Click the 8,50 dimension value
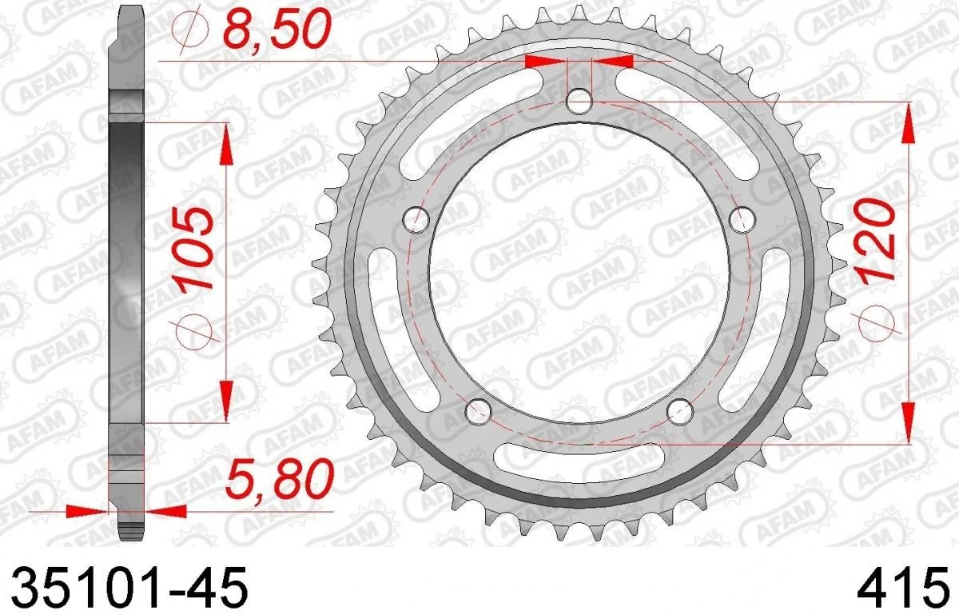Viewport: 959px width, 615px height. tap(277, 28)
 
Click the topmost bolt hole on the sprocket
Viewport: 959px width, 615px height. tap(579, 102)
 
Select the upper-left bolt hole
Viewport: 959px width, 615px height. tap(416, 220)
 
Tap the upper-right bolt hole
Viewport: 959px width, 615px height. tap(742, 220)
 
